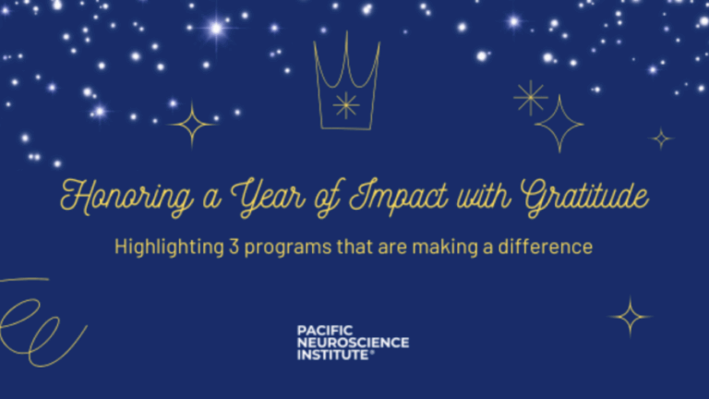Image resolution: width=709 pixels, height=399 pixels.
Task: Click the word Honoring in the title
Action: click(x=114, y=198)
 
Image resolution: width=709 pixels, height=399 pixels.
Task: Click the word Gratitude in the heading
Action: click(x=583, y=198)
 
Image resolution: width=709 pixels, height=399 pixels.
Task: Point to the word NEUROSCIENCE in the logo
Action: click(x=353, y=342)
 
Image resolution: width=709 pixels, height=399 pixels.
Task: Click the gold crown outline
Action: click(x=345, y=83)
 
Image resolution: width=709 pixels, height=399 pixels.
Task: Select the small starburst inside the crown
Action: click(x=345, y=104)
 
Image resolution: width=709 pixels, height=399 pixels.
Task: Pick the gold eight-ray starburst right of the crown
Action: click(x=530, y=97)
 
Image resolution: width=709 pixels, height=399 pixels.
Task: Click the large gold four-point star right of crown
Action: click(x=559, y=123)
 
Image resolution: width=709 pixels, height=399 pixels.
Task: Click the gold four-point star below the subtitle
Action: click(x=631, y=317)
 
